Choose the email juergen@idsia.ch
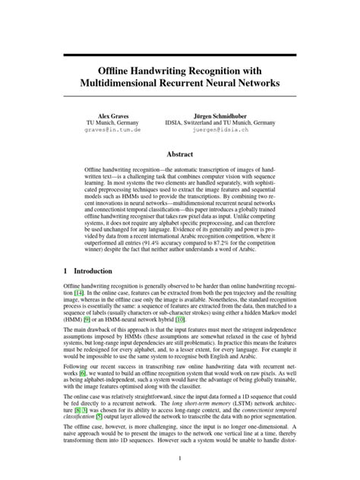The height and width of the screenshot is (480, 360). (219, 129)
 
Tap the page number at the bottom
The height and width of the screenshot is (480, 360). (180, 458)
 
